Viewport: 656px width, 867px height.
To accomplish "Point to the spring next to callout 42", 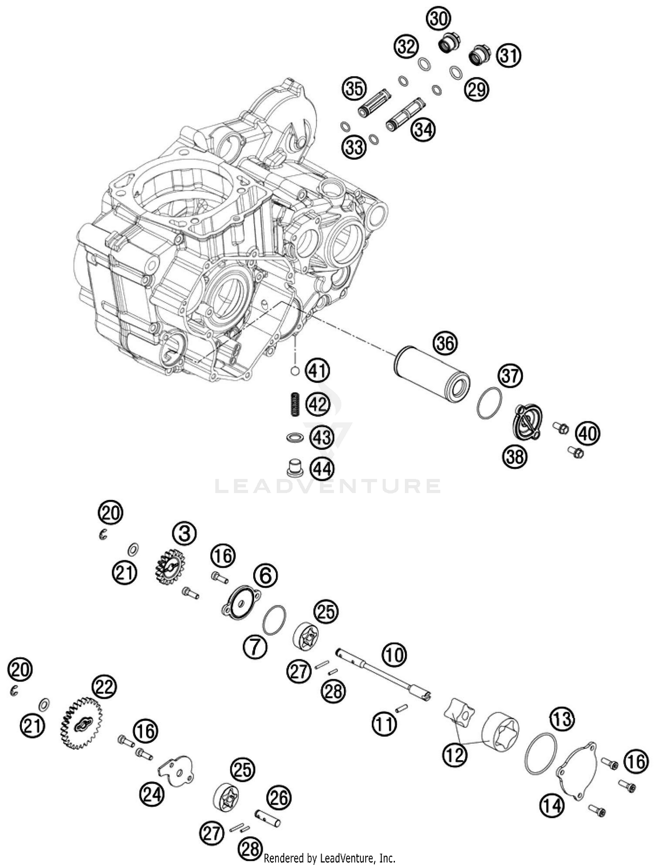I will click(x=295, y=404).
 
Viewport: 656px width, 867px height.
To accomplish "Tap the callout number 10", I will click(x=394, y=655).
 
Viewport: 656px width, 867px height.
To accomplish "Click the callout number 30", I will click(x=439, y=19).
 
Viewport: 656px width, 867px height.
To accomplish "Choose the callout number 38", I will click(x=515, y=457).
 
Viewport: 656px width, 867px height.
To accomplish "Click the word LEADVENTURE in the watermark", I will click(x=328, y=486).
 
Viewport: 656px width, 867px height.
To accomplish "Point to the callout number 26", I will click(x=279, y=797).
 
